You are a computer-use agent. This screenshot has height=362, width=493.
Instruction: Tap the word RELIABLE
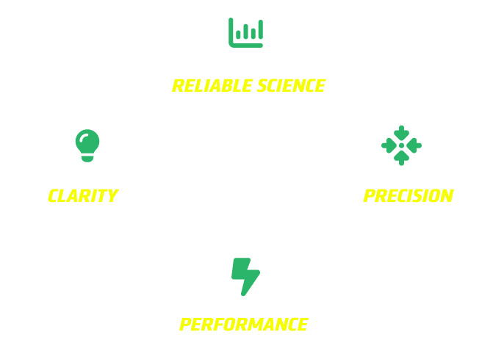(212, 86)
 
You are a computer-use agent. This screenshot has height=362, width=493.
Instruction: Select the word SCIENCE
(291, 86)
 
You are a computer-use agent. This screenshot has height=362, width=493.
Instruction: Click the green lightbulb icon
(87, 145)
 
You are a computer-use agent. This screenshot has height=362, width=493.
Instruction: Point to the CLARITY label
(83, 196)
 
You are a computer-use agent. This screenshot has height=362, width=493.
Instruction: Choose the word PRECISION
(409, 196)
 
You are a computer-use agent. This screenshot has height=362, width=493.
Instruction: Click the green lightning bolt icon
(245, 277)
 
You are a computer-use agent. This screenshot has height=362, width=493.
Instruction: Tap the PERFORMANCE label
(244, 325)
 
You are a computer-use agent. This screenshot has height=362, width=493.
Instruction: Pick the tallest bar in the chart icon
(261, 29)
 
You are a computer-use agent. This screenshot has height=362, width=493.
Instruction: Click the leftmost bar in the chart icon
(238, 35)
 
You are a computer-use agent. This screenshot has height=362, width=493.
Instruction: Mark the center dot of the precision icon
(401, 145)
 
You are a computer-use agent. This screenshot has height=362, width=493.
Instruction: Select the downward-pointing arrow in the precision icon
(401, 133)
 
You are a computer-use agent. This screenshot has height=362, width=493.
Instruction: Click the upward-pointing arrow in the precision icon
(401, 159)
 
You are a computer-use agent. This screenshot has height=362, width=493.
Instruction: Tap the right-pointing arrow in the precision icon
(389, 145)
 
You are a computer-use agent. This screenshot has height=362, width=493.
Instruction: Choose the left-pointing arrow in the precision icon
(414, 145)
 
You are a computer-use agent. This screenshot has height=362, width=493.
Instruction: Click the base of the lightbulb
(87, 159)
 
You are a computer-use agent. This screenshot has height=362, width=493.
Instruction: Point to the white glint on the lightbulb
(83, 138)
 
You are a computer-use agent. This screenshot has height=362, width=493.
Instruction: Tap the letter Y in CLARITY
(112, 196)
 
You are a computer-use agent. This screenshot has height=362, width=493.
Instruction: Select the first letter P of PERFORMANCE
(185, 325)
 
